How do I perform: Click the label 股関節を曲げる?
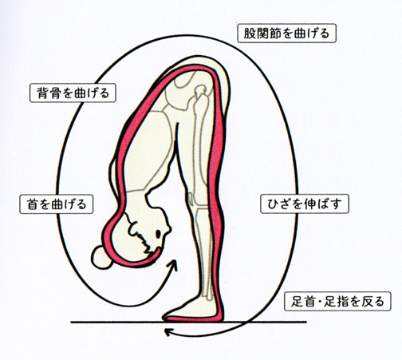[x=286, y=34]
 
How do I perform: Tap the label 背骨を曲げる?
[x=73, y=93]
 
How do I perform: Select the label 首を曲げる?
[x=57, y=204]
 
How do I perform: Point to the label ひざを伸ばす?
[x=305, y=204]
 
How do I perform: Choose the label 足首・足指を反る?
[x=337, y=302]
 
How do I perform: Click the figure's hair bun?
[x=101, y=258]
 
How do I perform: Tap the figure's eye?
[x=158, y=234]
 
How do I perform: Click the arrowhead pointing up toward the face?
[x=173, y=264]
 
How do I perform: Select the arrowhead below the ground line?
[x=168, y=332]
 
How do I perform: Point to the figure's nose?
[x=168, y=228]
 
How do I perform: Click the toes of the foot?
[x=167, y=315]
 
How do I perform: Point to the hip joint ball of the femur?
[x=201, y=90]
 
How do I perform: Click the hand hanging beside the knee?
[x=191, y=198]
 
